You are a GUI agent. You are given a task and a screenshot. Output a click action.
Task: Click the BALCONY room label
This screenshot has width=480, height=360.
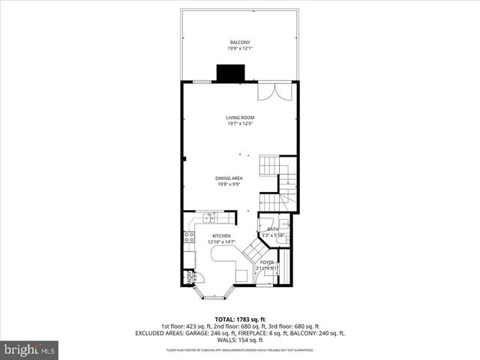[x=239, y=42]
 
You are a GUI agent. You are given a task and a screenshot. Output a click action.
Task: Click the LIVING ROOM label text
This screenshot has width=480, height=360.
[x=240, y=118]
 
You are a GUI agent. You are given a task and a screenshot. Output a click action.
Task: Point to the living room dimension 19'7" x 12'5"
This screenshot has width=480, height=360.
[x=240, y=124]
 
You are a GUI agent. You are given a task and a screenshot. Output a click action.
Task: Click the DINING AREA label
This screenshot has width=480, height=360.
[x=229, y=178]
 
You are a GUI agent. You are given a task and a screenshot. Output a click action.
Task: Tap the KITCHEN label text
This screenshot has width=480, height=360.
[x=220, y=235]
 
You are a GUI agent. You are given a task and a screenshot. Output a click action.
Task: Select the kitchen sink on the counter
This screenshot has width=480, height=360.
[x=208, y=218]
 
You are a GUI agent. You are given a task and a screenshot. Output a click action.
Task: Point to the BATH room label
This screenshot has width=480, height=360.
[x=273, y=229]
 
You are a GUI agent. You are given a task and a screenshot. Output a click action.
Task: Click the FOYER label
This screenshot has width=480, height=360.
[x=267, y=262]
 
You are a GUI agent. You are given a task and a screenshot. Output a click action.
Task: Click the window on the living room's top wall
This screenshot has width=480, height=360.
[x=202, y=81]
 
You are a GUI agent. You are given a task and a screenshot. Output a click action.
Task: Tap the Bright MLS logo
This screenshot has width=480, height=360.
[x=30, y=349]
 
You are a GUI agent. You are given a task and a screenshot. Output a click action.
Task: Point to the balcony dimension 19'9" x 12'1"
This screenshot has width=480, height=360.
[x=239, y=49]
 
